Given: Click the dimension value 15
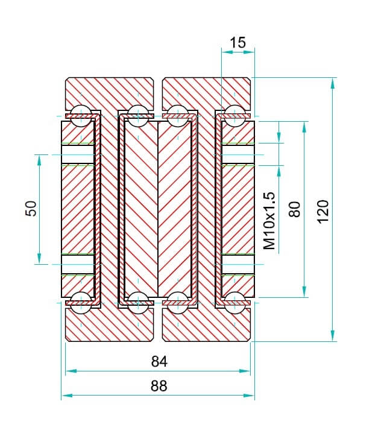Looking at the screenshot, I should pyautogui.click(x=237, y=43).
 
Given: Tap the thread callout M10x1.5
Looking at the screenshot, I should pyautogui.click(x=269, y=221).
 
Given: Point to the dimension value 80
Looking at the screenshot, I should pyautogui.click(x=294, y=209).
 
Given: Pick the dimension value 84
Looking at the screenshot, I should pyautogui.click(x=159, y=362).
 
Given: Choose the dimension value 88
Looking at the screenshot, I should pyautogui.click(x=159, y=386).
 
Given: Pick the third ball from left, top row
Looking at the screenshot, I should pyautogui.click(x=177, y=115).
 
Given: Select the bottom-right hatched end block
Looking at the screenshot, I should pyautogui.click(x=206, y=326).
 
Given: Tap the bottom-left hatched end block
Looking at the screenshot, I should pyautogui.click(x=109, y=326).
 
